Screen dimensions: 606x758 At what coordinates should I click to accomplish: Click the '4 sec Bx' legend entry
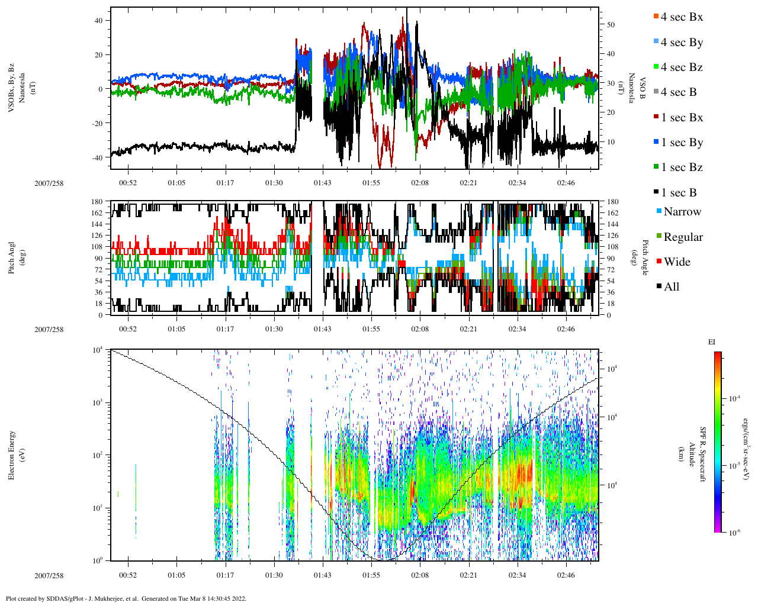tap(681, 17)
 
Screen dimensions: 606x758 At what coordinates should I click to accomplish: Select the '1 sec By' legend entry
tap(682, 143)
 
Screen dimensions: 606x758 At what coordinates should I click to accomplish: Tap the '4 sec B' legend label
tap(679, 92)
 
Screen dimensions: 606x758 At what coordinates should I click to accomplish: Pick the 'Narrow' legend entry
tap(682, 212)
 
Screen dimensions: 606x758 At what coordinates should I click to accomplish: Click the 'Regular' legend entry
tap(683, 237)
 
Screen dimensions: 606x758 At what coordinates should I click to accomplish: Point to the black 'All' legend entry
tap(671, 287)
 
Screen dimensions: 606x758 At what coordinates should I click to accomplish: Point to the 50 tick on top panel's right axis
tap(610, 25)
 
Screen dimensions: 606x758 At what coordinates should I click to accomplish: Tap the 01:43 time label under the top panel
tap(323, 183)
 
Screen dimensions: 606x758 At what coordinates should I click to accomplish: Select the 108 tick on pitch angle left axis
tap(98, 247)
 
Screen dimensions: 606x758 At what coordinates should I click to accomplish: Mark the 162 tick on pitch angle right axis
tap(612, 213)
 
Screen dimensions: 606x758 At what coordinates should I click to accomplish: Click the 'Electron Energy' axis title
tap(11, 456)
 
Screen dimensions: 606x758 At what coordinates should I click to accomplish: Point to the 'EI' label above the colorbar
tap(712, 342)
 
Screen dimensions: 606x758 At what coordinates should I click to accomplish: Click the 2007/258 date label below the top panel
tap(49, 183)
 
